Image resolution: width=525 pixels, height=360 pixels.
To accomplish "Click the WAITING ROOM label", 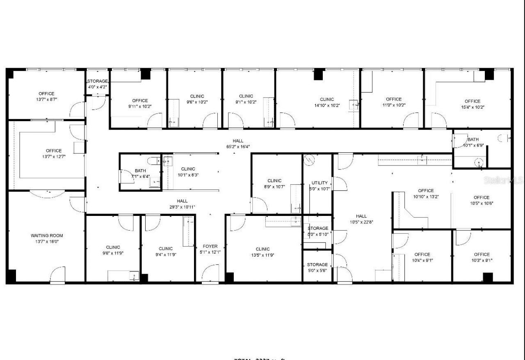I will point(46,236).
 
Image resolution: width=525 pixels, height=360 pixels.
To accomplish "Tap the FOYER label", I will point(210,246).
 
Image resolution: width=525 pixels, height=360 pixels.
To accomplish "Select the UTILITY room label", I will point(320,183).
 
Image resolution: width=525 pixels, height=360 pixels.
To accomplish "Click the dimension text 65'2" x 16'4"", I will point(238,147).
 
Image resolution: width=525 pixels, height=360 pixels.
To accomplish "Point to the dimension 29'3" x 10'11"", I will point(182,207).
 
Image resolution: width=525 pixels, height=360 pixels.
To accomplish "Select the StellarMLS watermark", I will point(503,180).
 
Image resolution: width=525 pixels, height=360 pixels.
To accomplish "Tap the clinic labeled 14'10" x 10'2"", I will point(326,102).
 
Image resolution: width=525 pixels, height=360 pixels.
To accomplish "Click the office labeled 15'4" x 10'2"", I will point(472,104).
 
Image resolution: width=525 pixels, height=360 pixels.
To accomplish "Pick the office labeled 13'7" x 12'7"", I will point(53,154).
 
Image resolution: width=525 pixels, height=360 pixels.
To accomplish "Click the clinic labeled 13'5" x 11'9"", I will point(262,252).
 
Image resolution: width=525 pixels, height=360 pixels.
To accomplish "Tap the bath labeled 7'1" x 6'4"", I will point(140,174).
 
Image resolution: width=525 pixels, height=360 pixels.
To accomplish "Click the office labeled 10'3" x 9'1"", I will point(482,257).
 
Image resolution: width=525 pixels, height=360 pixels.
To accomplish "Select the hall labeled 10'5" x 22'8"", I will point(361,219).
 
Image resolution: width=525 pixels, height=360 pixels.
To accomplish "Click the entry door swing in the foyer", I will point(211,273).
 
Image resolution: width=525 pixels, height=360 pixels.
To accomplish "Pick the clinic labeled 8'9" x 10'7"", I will point(274,183).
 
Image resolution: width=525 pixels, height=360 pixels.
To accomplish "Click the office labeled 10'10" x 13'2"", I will point(425,193).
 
